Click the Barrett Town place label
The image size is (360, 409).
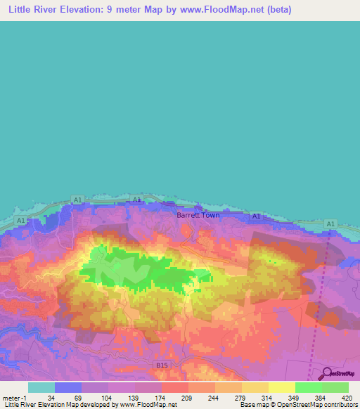(x=198, y=215)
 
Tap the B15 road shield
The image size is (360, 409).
(x=162, y=365)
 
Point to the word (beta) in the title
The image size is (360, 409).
(x=276, y=10)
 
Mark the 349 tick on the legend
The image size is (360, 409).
(x=294, y=397)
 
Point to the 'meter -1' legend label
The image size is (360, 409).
(x=15, y=397)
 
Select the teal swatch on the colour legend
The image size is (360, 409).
(x=41, y=387)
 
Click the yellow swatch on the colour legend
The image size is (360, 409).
(x=281, y=387)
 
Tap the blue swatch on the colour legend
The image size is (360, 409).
(x=67, y=387)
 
